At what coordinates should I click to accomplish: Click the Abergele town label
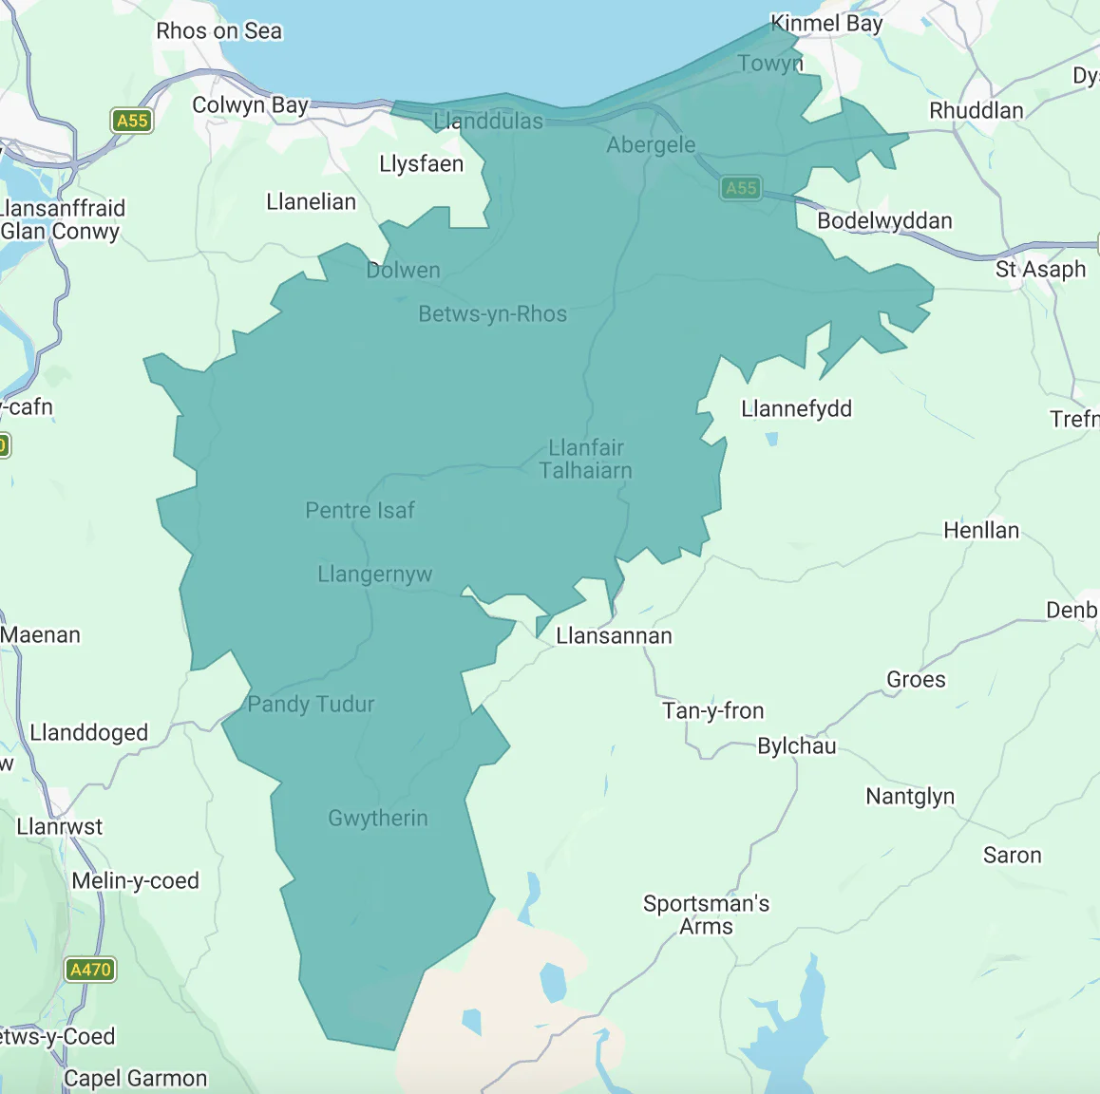(651, 145)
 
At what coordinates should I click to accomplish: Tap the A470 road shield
(91, 970)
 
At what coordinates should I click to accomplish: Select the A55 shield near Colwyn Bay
(132, 121)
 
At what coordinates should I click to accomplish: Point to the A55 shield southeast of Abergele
(741, 188)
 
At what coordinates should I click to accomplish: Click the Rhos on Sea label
(218, 31)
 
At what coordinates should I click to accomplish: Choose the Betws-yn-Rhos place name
(492, 314)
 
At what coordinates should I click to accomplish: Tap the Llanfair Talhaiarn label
(586, 459)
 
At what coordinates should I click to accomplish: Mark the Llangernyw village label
(374, 575)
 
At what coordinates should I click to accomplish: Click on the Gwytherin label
(377, 819)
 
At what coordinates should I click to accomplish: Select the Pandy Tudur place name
(311, 705)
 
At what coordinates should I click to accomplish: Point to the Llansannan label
(614, 636)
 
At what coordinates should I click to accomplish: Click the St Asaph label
(1040, 270)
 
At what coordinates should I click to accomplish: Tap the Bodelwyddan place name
(884, 221)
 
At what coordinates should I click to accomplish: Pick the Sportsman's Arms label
(706, 915)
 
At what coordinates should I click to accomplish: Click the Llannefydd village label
(796, 409)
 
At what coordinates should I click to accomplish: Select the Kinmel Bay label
(826, 24)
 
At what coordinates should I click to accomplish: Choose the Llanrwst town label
(59, 827)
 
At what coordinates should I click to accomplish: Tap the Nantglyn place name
(909, 797)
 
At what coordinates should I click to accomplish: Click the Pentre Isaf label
(359, 511)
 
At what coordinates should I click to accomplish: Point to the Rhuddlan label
(976, 111)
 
